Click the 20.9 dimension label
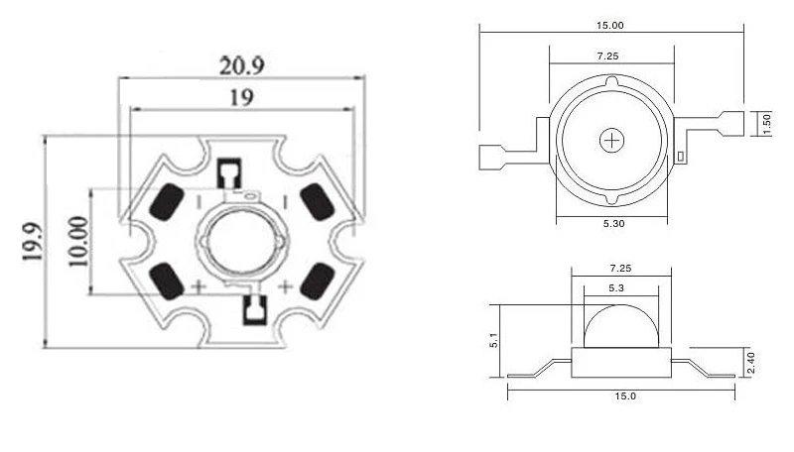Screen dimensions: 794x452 241,65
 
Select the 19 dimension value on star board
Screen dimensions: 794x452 241,97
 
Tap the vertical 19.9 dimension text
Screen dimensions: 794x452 32,242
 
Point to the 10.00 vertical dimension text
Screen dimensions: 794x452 78,241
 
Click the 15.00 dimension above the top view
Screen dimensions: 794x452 609,26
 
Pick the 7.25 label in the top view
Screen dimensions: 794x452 607,56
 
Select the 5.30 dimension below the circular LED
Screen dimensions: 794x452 613,223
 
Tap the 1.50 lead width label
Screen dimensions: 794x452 765,124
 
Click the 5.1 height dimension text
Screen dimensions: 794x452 494,340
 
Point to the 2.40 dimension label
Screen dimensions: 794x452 751,363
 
